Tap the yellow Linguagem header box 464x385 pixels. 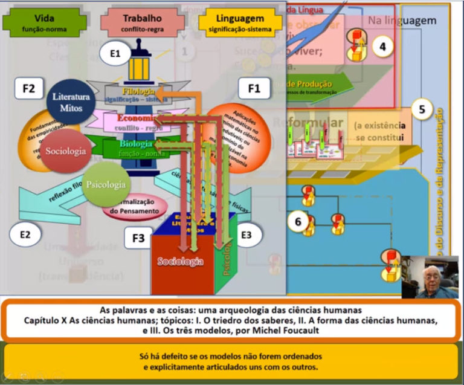coord(240,22)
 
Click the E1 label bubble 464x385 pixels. coord(115,55)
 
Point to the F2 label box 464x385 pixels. coord(28,89)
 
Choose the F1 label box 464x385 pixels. coord(254,89)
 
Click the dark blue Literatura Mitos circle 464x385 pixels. coord(71,101)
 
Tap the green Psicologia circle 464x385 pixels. coord(106,184)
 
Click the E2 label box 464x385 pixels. coord(25,235)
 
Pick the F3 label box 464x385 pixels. coord(138,238)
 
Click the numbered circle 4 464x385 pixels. coord(382,47)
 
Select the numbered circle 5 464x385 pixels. coord(422,109)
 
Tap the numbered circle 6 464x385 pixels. coord(297,221)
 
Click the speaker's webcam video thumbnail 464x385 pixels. coord(431,277)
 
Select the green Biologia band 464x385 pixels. coord(137,146)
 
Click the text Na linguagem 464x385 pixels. coord(402,21)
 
